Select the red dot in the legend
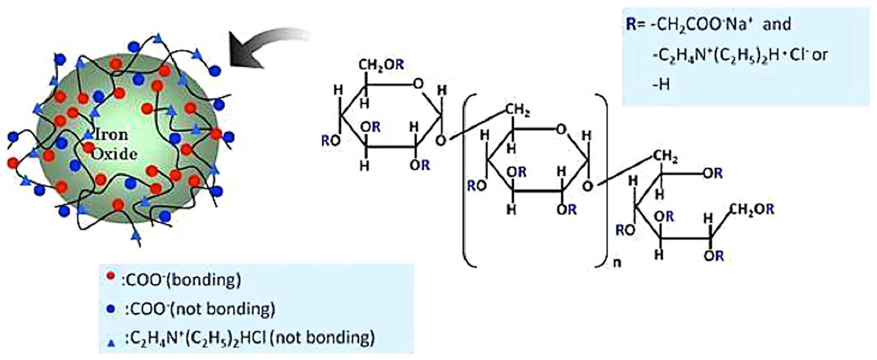pyautogui.click(x=111, y=276)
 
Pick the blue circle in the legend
pyautogui.click(x=111, y=308)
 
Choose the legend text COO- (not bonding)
pyautogui.click(x=199, y=309)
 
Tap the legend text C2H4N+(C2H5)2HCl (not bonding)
pyautogui.click(x=249, y=338)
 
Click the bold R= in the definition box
pyautogui.click(x=635, y=24)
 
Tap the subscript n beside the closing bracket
pyautogui.click(x=617, y=262)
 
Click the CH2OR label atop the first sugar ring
pyautogui.click(x=381, y=65)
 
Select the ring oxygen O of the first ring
pyautogui.click(x=418, y=83)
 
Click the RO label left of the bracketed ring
pyautogui.click(x=477, y=186)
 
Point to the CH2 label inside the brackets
pyautogui.click(x=518, y=110)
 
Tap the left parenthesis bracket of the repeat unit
pyautogui.click(x=467, y=180)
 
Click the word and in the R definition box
pyautogui.click(x=777, y=24)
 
